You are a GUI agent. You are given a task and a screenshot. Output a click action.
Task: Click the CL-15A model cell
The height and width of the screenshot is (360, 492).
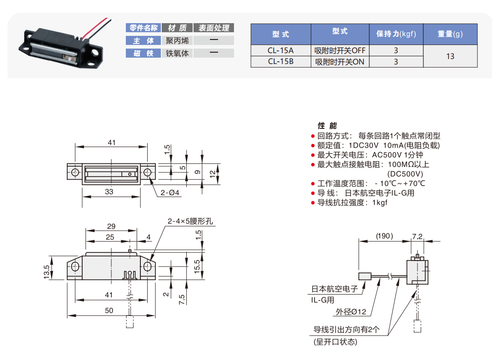click(x=281, y=50)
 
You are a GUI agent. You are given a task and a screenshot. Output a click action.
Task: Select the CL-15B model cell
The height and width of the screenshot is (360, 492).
click(x=281, y=61)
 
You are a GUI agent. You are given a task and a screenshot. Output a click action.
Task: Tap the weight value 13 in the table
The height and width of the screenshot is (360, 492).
click(x=450, y=56)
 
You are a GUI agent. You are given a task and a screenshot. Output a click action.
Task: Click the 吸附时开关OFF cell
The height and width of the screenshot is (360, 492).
click(x=340, y=50)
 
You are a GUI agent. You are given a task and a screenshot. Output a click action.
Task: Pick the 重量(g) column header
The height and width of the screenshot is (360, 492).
click(x=450, y=34)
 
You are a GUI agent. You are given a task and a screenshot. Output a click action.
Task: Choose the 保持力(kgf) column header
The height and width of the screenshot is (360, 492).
click(x=396, y=34)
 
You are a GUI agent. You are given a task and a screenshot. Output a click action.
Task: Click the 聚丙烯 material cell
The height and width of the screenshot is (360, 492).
click(x=177, y=41)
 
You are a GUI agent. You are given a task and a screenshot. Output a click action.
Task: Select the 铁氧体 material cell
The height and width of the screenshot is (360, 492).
click(x=177, y=54)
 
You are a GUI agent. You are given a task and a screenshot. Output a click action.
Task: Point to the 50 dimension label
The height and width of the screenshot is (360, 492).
click(x=109, y=311)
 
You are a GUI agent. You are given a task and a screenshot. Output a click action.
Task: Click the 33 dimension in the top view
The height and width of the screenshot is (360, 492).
click(x=109, y=192)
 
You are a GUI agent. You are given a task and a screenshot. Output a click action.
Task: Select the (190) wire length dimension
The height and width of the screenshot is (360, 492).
click(x=384, y=236)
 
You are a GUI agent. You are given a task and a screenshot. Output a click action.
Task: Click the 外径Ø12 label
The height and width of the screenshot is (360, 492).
click(x=351, y=312)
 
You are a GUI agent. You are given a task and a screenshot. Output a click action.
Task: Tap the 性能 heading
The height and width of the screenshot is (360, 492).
click(x=327, y=126)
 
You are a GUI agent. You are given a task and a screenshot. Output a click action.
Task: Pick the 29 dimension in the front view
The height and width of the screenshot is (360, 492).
click(x=111, y=226)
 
